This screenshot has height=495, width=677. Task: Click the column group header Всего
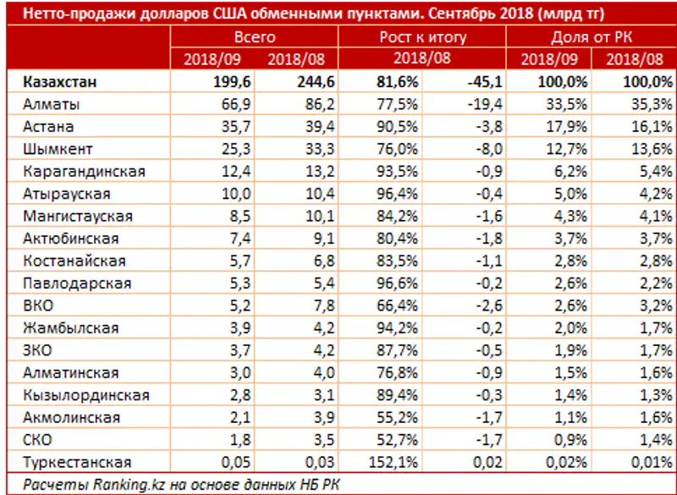254,38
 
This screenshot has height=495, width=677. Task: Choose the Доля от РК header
591,38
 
